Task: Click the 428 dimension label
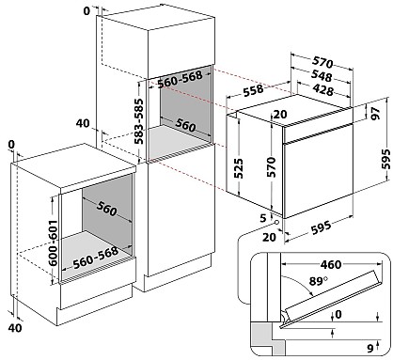click(x=323, y=90)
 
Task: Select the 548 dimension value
click(x=321, y=76)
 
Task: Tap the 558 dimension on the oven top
click(x=254, y=90)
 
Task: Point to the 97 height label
click(x=375, y=113)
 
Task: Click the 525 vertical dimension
click(x=238, y=168)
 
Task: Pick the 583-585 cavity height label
click(x=138, y=121)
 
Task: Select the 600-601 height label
click(x=54, y=243)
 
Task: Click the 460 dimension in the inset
click(x=330, y=265)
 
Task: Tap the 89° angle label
click(x=319, y=281)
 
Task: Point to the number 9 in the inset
click(x=370, y=348)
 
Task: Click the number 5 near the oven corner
click(x=263, y=217)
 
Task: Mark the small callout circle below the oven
click(x=276, y=222)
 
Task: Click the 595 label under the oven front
click(x=321, y=227)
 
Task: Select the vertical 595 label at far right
click(x=385, y=159)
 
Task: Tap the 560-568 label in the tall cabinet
click(x=180, y=79)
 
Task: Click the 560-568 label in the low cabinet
click(x=96, y=258)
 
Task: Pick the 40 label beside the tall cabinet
click(x=83, y=123)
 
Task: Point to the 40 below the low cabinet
click(x=15, y=328)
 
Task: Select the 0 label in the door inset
click(x=338, y=314)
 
